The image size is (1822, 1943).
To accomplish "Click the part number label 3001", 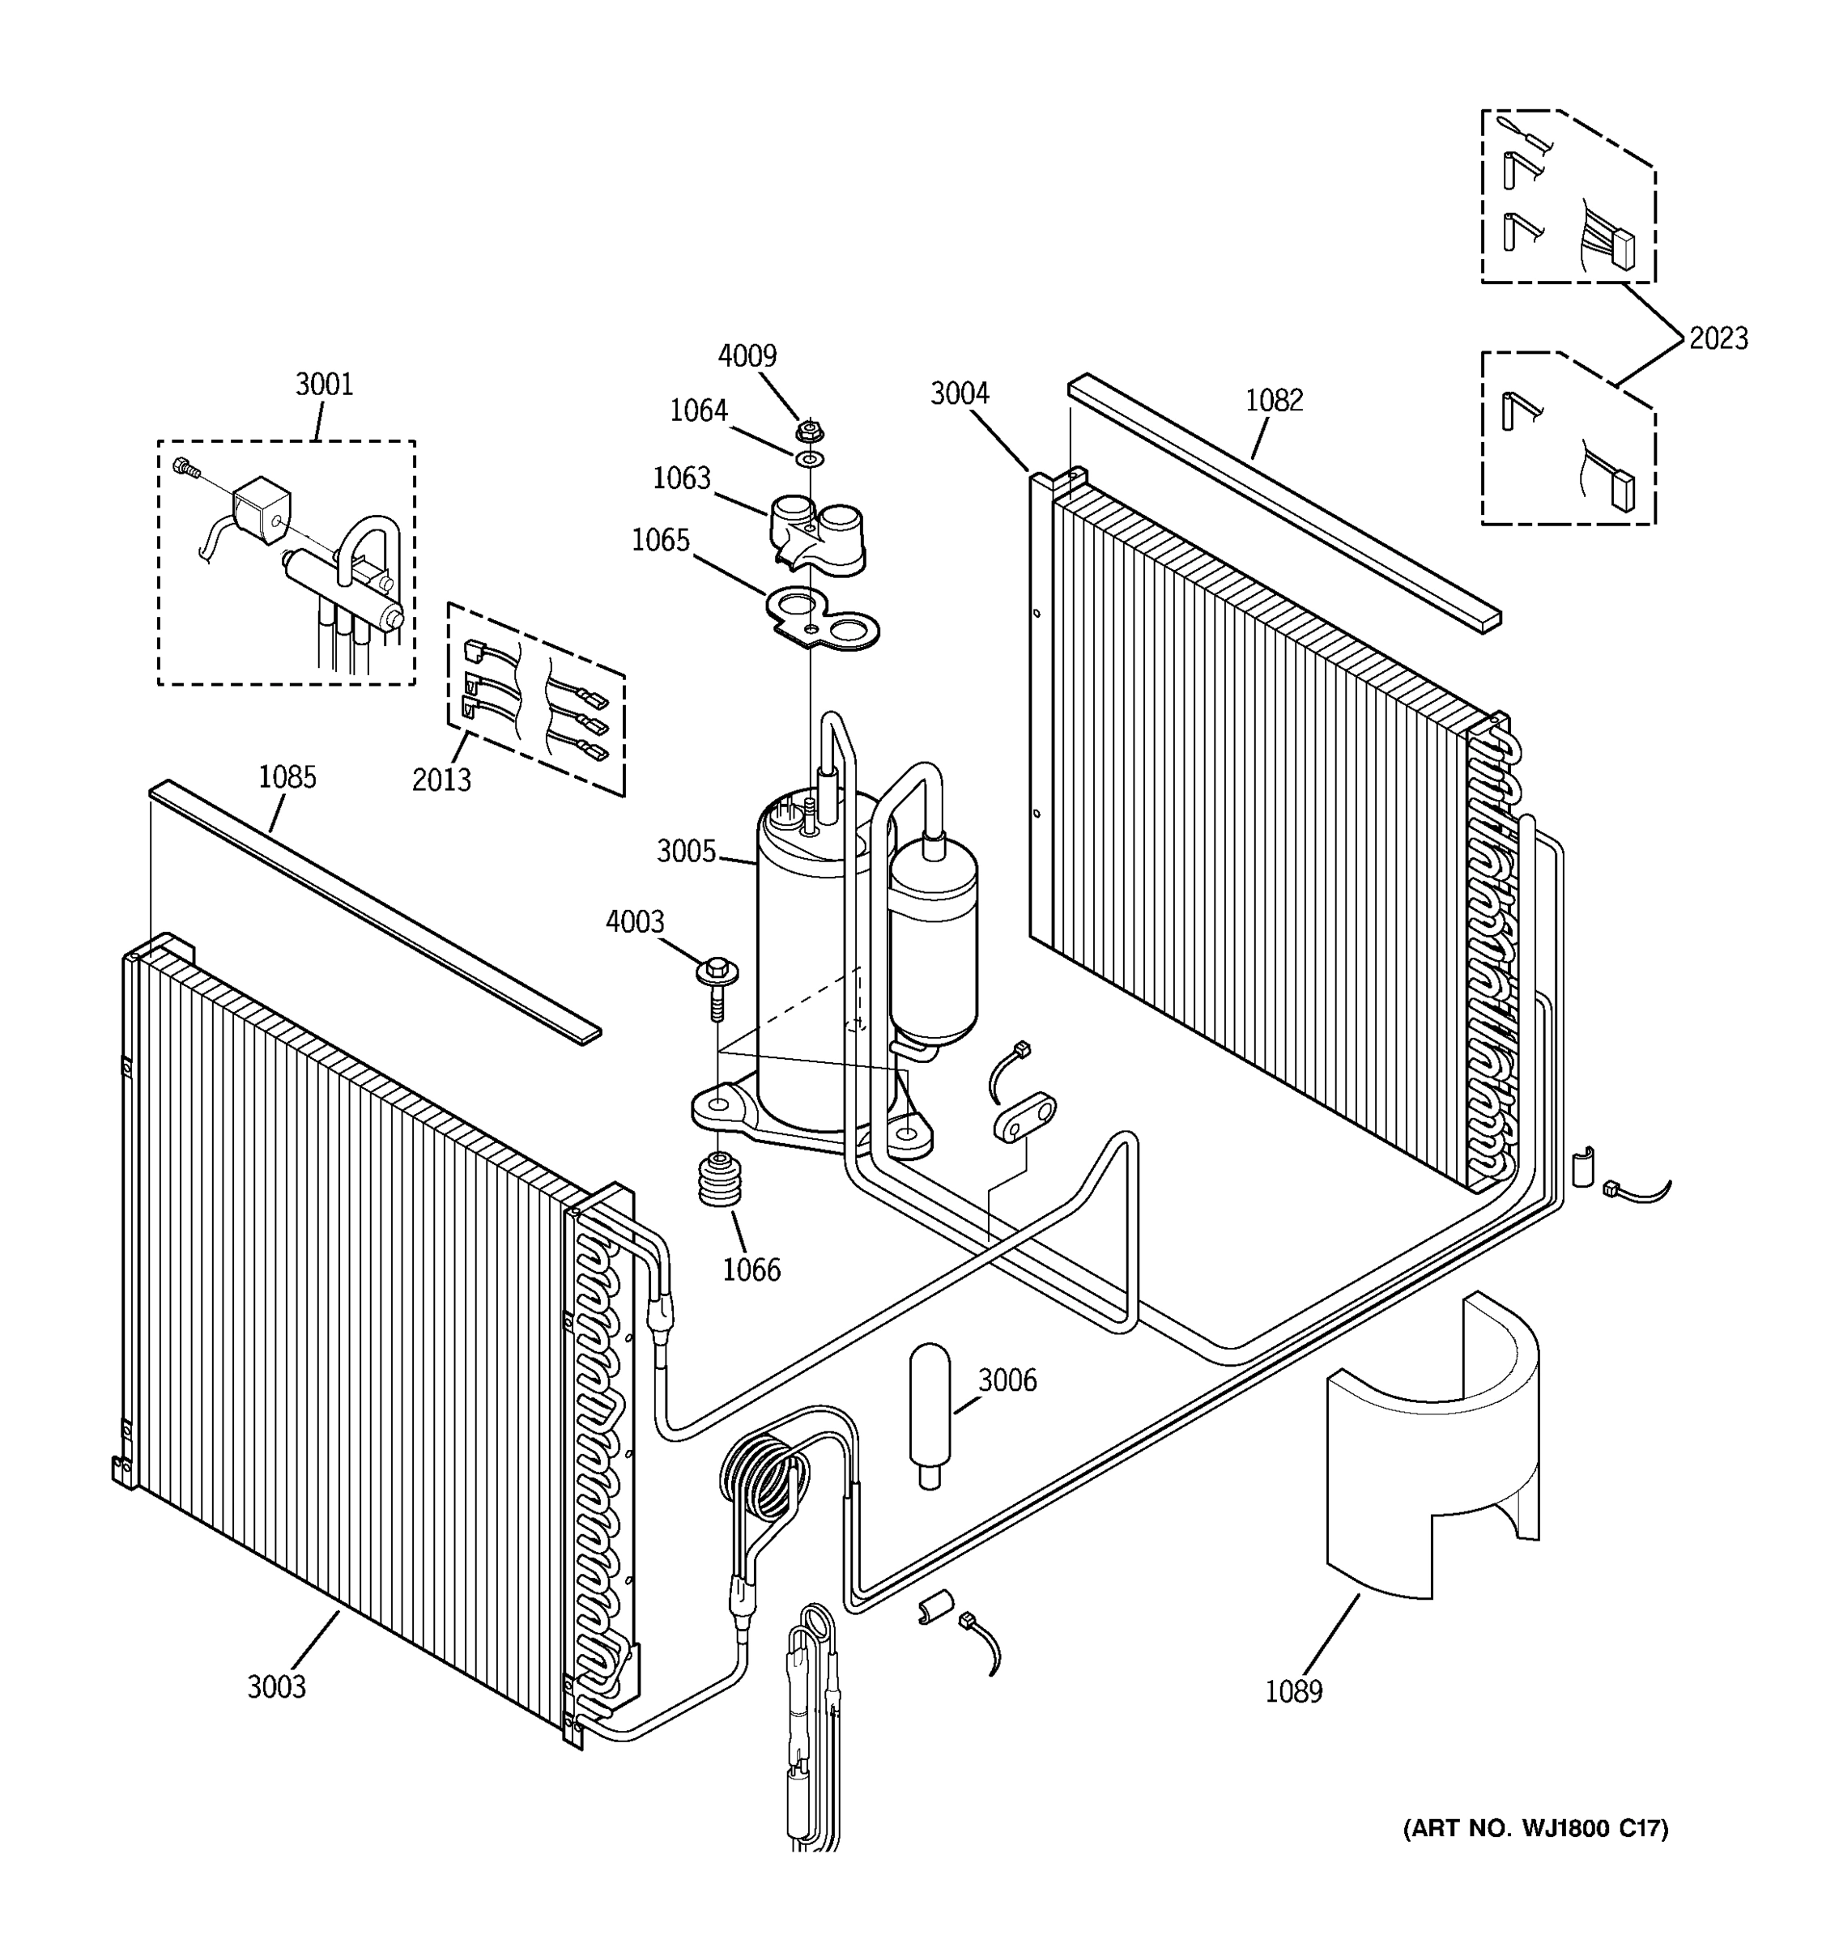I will coord(324,385).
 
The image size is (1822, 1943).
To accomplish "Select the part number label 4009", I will coord(747,355).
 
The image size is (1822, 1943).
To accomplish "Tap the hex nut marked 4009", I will coord(807,429).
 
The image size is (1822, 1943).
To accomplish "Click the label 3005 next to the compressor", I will coord(686,852).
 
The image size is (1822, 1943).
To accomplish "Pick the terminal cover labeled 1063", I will coord(817,533).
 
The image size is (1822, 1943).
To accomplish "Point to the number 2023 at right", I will coord(1718,339).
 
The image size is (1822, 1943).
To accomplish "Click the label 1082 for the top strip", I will coord(1274,401).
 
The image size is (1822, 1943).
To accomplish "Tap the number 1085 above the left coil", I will coord(287,778).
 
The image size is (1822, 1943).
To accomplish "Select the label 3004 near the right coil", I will coord(959,394).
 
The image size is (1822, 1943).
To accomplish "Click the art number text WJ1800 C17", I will coord(1535,1829).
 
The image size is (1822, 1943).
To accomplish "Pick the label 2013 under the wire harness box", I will coord(441,780).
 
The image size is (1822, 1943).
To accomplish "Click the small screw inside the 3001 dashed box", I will coord(185,468).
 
